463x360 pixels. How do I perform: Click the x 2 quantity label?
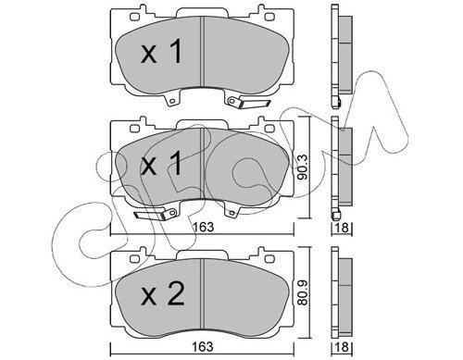pos(163,294)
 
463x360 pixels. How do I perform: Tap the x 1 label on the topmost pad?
pos(161,52)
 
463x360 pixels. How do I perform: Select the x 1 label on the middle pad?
pos(161,163)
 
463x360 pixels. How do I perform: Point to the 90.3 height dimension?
pos(304,168)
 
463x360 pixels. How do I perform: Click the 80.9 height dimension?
pos(304,292)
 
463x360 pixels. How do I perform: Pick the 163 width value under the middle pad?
pos(203,227)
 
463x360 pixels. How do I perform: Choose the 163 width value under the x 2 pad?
pos(203,347)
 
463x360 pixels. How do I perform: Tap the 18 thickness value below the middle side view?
pos(342,228)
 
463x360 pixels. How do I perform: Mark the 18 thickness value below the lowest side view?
pos(342,347)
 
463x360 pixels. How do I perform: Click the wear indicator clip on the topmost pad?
pos(249,102)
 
